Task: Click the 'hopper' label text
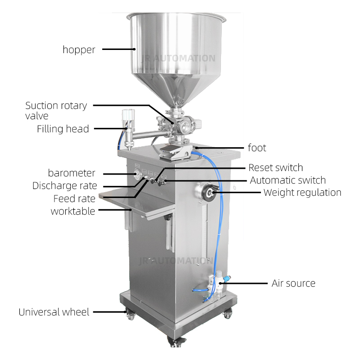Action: point(79,49)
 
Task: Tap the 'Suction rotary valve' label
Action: point(56,111)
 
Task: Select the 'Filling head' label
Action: point(63,129)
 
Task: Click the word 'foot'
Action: point(257,148)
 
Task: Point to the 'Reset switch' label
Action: point(275,167)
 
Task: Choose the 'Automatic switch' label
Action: point(288,180)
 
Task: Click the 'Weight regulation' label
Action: point(302,193)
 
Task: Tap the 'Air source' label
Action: point(293,283)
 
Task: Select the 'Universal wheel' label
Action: point(54,312)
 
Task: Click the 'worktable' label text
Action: point(73,211)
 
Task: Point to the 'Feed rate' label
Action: point(74,198)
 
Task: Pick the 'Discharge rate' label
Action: point(64,186)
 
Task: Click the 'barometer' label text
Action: point(72,173)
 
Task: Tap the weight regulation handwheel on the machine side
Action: point(207,193)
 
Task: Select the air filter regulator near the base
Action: point(218,285)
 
